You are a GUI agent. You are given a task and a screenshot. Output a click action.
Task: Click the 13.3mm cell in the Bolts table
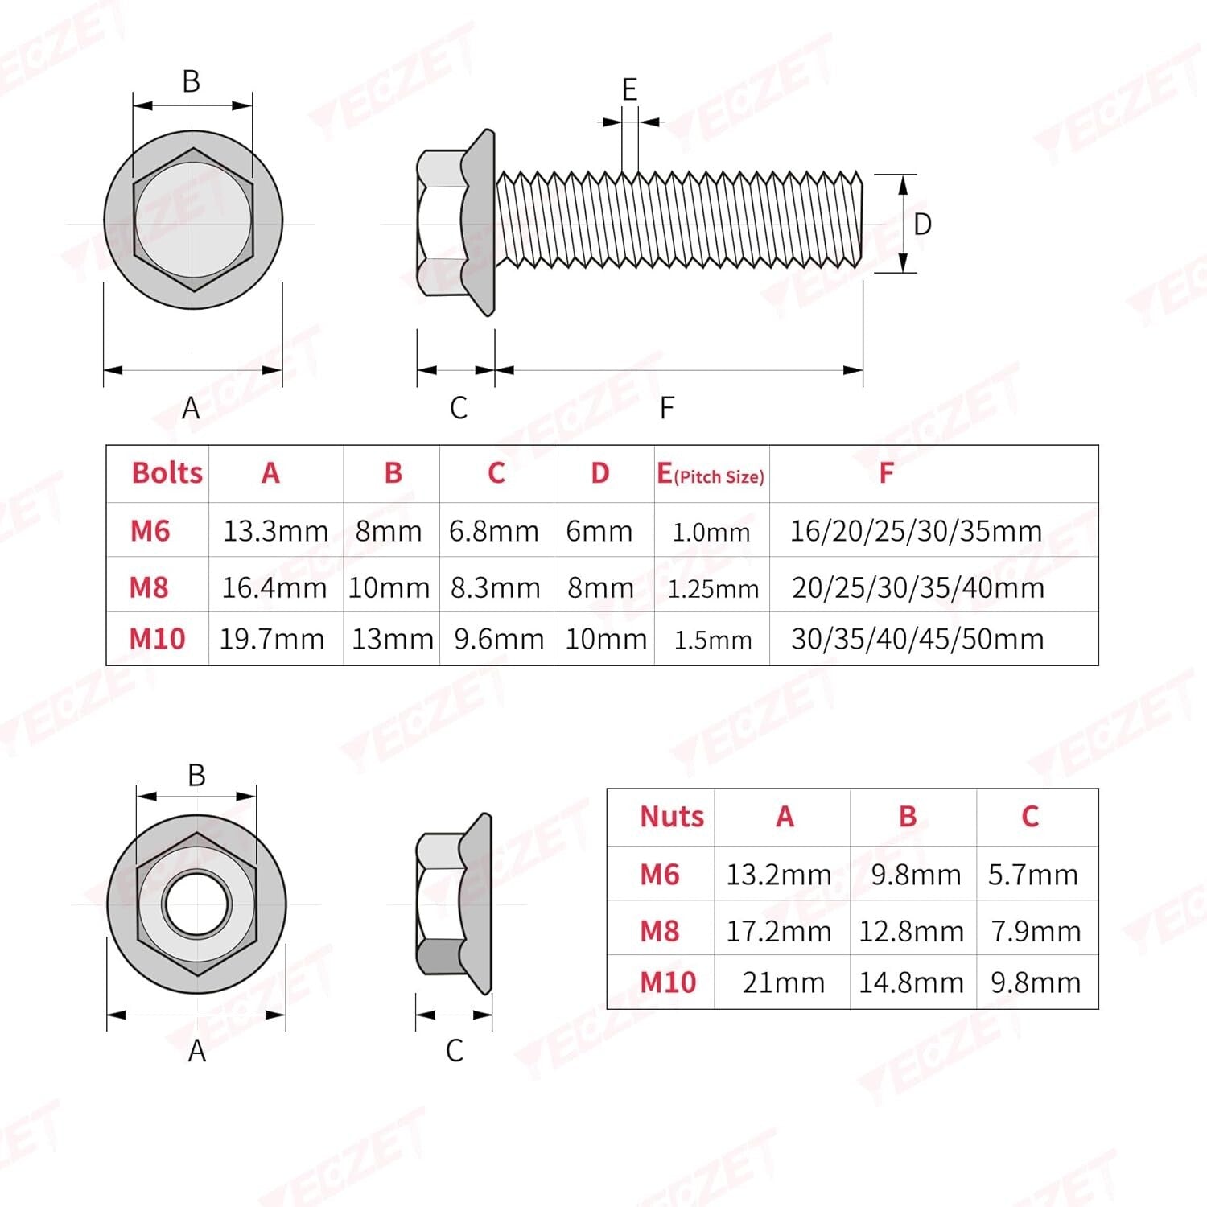275,531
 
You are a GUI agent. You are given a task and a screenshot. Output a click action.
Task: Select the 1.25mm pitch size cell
713,589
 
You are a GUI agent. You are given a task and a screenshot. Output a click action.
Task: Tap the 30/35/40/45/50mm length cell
917,639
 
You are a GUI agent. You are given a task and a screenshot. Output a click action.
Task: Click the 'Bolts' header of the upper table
167,473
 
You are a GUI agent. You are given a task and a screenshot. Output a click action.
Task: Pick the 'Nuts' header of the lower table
671,817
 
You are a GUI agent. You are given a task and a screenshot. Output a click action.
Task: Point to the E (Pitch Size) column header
711,475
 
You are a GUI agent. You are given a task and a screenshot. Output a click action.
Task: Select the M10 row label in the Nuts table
667,982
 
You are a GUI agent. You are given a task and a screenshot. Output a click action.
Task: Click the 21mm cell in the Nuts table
783,982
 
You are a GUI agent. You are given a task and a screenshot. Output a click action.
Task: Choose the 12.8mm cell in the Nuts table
911,932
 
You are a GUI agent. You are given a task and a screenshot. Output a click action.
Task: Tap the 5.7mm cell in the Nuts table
1033,875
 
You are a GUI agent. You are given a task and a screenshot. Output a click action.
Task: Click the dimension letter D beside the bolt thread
922,225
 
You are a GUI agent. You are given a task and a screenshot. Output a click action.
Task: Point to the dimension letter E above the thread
629,89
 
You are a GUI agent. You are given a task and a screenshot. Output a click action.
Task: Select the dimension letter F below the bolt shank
666,408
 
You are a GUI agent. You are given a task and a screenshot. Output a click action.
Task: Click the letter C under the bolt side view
458,408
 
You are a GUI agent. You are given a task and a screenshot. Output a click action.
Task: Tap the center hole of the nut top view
196,903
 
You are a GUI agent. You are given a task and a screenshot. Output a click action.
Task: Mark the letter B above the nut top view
196,775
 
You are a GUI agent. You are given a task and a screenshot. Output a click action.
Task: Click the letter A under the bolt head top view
191,408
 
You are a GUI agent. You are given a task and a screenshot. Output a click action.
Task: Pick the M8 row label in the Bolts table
149,587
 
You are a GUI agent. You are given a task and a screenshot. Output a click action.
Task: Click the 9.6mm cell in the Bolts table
499,639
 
